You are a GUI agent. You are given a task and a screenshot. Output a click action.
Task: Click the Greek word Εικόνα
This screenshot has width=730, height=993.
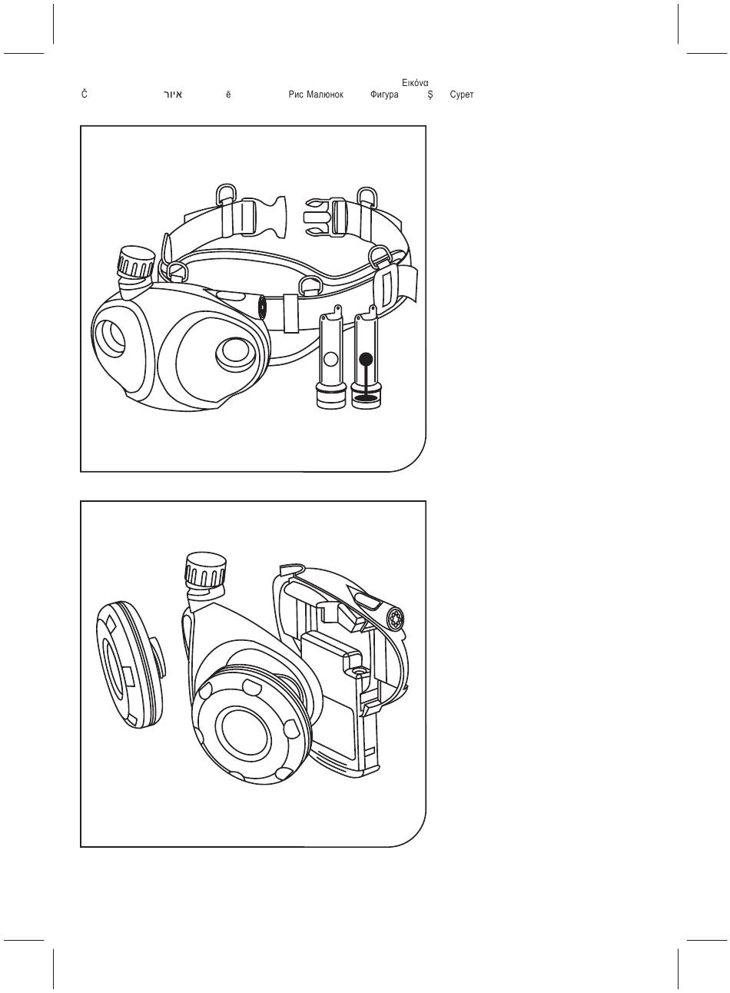pos(415,83)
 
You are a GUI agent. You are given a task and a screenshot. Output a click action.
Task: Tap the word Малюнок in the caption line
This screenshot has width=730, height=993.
pos(325,95)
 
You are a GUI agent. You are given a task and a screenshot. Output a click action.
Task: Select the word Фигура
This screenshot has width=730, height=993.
pos(384,95)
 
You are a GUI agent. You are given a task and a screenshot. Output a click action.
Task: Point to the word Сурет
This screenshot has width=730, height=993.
pos(461,95)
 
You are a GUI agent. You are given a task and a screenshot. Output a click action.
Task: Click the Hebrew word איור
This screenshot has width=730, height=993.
pos(172,95)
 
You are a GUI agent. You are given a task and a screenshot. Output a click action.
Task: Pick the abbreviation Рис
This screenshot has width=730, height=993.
pos(296,95)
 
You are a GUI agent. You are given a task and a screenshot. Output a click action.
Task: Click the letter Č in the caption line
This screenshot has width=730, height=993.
pos(85,94)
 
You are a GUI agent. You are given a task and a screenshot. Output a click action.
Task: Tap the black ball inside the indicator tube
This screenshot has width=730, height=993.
pos(366,357)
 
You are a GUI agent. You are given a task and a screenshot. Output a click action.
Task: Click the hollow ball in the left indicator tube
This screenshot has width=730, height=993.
pos(330,358)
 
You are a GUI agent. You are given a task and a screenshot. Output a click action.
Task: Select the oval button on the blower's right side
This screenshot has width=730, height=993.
pos(235,350)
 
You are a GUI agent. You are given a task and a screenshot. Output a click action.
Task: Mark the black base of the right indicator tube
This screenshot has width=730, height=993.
pos(366,399)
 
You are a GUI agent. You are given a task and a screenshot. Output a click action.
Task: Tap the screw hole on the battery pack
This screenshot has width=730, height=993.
pos(357,672)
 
